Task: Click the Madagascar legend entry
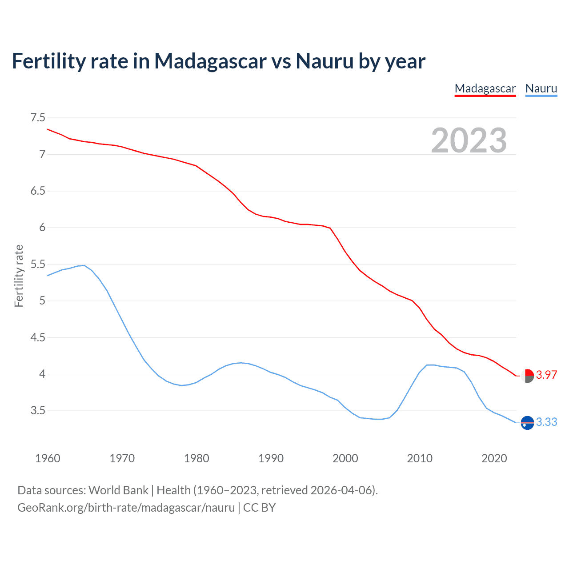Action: [x=485, y=88]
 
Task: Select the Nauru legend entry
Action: [x=541, y=88]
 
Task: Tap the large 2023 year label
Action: [x=469, y=140]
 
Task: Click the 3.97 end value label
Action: [x=546, y=375]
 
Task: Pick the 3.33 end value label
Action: [x=546, y=422]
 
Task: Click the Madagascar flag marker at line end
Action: [x=527, y=376]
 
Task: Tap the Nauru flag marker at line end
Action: [x=527, y=423]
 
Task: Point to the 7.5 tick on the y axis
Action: [x=38, y=118]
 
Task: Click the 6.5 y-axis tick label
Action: [x=38, y=191]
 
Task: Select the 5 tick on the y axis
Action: [x=42, y=301]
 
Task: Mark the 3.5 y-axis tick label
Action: [x=38, y=411]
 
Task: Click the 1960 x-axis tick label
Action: [x=48, y=458]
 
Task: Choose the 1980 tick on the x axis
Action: [x=196, y=458]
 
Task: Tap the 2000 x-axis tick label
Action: [x=345, y=458]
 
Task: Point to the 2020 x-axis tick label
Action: [x=494, y=458]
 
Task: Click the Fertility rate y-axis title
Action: [x=19, y=276]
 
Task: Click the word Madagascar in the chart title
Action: [x=210, y=61]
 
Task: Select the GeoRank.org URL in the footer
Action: [x=126, y=508]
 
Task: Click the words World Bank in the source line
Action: [x=118, y=490]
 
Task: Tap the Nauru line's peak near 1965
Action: [x=84, y=265]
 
